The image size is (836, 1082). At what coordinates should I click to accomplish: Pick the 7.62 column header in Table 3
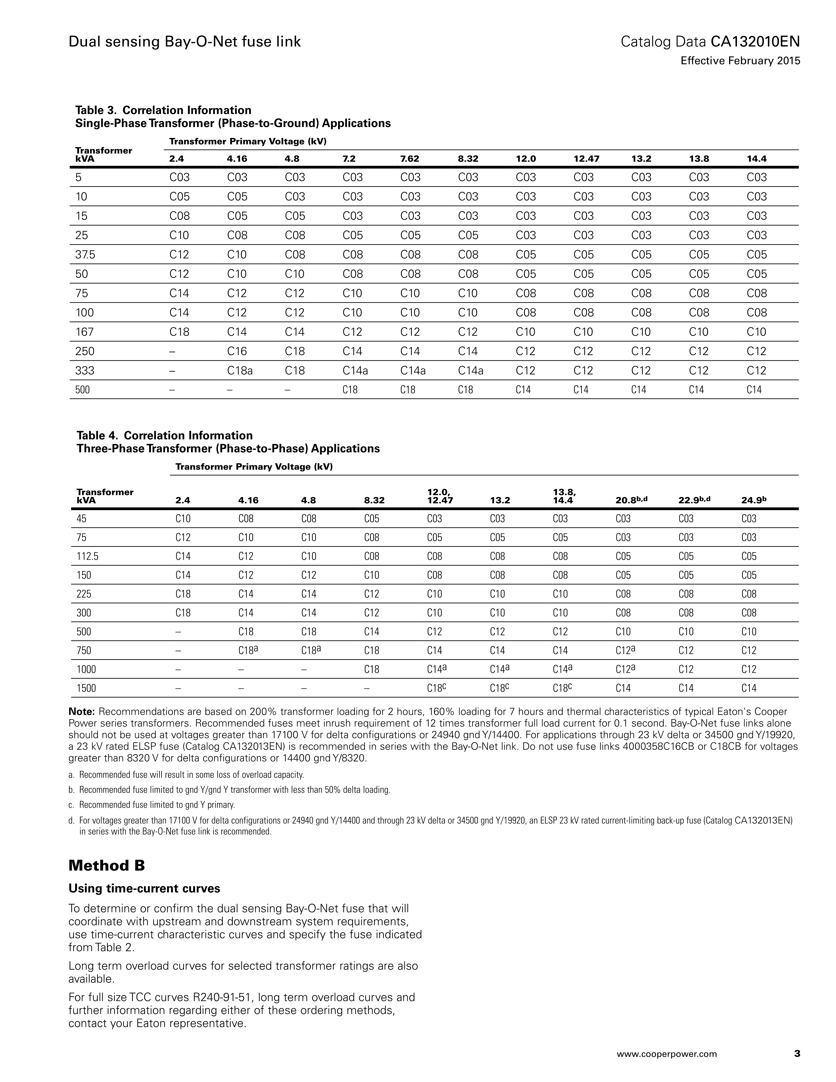click(x=410, y=159)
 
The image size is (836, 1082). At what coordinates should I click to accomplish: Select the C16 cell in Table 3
click(x=237, y=351)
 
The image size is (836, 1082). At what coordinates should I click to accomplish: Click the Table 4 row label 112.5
click(x=88, y=556)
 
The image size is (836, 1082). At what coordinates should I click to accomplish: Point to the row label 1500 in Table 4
click(x=86, y=688)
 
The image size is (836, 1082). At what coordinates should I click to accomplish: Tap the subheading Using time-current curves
click(x=144, y=888)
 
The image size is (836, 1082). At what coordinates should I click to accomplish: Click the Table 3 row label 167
click(x=84, y=332)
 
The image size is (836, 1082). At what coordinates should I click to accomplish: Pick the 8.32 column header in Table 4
click(x=374, y=500)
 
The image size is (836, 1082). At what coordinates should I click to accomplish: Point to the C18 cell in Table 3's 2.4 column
click(x=179, y=332)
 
